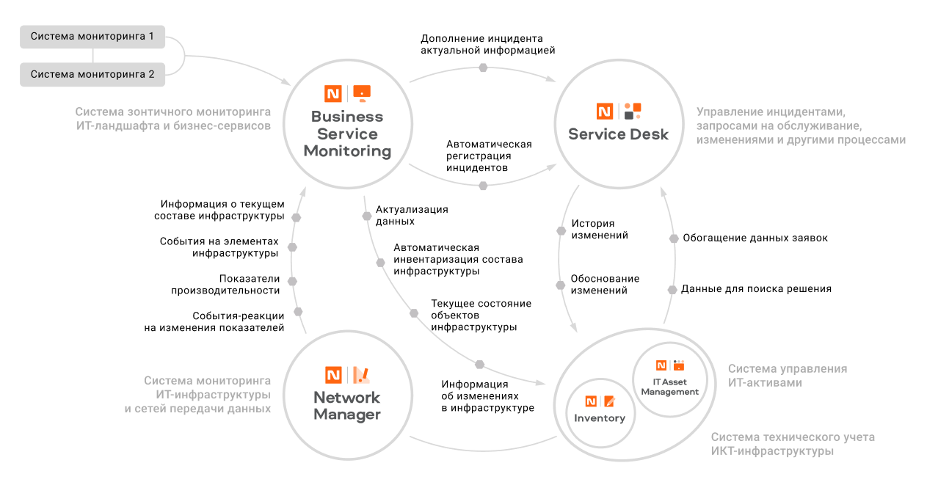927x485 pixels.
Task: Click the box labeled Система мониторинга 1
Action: pyautogui.click(x=92, y=36)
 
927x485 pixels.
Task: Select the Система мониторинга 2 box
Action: pyautogui.click(x=92, y=74)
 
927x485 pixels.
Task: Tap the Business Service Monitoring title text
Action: pyautogui.click(x=347, y=134)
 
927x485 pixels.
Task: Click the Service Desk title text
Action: pyautogui.click(x=618, y=134)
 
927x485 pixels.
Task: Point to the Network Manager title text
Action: pyautogui.click(x=347, y=406)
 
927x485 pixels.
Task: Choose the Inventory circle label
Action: pyautogui.click(x=600, y=418)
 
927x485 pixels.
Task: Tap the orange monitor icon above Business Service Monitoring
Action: pyautogui.click(x=362, y=92)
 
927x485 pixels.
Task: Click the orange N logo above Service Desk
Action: pyautogui.click(x=604, y=112)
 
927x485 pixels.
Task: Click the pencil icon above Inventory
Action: pyautogui.click(x=609, y=401)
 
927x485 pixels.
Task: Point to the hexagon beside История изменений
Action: pyautogui.click(x=561, y=230)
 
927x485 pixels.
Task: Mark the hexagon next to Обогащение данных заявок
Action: pyautogui.click(x=672, y=238)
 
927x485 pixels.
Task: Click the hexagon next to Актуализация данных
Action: pyautogui.click(x=367, y=216)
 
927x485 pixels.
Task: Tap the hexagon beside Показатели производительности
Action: pyautogui.click(x=292, y=281)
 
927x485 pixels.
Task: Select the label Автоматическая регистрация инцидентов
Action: pyautogui.click(x=489, y=156)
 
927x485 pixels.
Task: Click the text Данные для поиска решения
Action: pyautogui.click(x=756, y=289)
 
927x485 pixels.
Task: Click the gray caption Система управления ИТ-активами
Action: pyautogui.click(x=787, y=376)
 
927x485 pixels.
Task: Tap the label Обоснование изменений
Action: pyautogui.click(x=605, y=285)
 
